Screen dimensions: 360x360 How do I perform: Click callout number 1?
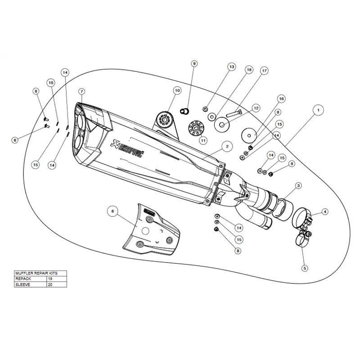(x=318, y=110)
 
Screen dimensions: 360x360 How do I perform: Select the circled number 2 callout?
(x=227, y=147)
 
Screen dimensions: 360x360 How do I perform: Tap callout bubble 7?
(x=82, y=92)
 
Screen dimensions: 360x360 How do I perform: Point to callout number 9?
(x=194, y=63)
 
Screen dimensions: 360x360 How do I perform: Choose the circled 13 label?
(x=232, y=67)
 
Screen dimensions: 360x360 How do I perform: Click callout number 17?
(x=264, y=71)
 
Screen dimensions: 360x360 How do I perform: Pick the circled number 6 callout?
(x=112, y=211)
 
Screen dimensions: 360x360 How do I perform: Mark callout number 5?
(x=305, y=268)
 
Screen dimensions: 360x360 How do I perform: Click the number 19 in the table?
(x=50, y=279)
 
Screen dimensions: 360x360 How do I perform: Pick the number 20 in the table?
(x=50, y=284)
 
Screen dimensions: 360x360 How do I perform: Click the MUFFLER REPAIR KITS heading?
(x=36, y=273)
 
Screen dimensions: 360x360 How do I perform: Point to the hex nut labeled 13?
(x=206, y=109)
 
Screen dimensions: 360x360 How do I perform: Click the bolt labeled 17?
(x=234, y=113)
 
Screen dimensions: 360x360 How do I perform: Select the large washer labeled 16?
(x=249, y=135)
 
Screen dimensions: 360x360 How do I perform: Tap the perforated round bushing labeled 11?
(x=196, y=128)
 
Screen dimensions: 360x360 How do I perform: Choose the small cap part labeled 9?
(x=184, y=111)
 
